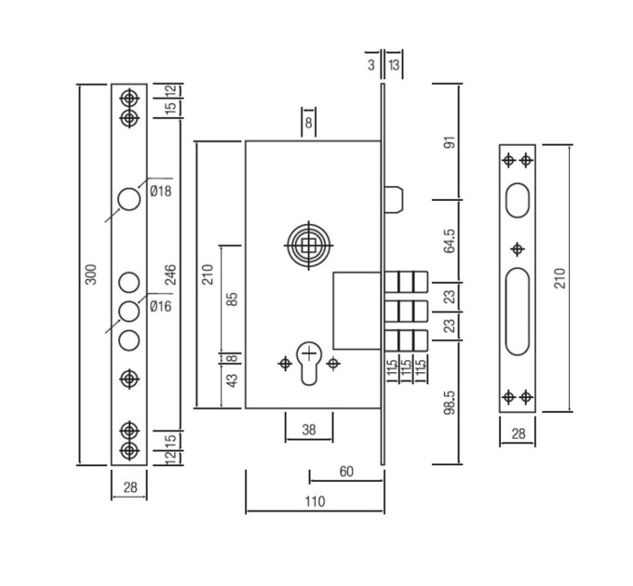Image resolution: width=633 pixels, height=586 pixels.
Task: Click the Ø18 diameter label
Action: (161, 191)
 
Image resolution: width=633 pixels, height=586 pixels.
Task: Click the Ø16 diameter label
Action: (161, 307)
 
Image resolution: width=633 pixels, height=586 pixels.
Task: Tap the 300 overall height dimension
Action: (91, 274)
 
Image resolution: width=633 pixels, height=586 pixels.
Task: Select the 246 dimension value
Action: (171, 274)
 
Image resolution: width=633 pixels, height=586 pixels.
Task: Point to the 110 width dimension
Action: (315, 501)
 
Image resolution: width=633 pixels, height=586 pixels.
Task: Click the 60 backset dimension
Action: (346, 472)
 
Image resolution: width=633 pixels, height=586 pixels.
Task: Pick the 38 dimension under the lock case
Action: (309, 430)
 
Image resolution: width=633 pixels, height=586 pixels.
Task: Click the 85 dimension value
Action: (233, 299)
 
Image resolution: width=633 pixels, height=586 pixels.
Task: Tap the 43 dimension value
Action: (233, 380)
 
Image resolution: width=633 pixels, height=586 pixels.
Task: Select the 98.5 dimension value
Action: (450, 402)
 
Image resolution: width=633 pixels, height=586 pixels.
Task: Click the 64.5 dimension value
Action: (450, 241)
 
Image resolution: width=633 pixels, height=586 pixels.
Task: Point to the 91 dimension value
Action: (450, 142)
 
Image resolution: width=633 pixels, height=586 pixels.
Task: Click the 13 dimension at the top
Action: (394, 64)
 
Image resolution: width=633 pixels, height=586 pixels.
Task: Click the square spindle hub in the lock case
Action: (309, 245)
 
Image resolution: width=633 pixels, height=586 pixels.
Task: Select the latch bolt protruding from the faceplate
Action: (394, 199)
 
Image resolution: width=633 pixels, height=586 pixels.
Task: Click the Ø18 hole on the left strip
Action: (129, 199)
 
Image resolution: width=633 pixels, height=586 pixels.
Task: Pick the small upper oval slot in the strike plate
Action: (518, 200)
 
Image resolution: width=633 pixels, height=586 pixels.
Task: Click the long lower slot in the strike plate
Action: (518, 311)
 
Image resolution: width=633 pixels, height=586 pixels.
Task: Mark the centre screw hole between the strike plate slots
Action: (518, 249)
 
